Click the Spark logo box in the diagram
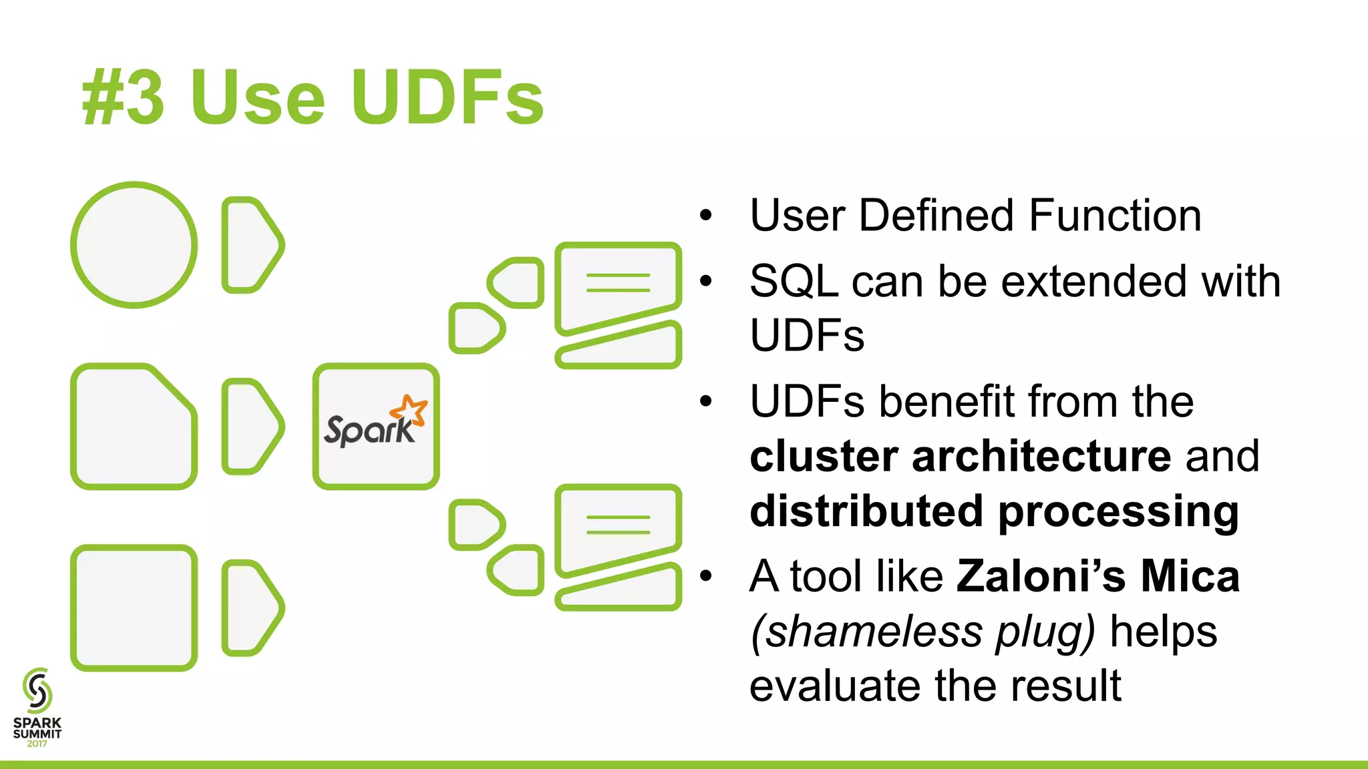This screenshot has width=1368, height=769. point(376,427)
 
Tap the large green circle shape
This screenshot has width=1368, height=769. point(134,245)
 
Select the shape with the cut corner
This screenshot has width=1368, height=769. point(134,427)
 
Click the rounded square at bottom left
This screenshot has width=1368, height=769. point(134,608)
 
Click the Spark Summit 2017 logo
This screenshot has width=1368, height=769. point(37,708)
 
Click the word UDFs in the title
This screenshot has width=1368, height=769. point(448,98)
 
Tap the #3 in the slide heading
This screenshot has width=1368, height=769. point(123,98)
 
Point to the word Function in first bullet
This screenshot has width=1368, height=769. point(1115,216)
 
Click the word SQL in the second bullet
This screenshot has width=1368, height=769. point(794,281)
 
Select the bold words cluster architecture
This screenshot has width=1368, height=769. point(960,457)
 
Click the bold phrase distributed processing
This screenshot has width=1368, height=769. point(994,511)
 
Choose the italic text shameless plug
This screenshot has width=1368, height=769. point(922,631)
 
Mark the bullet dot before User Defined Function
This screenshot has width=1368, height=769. point(706,216)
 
